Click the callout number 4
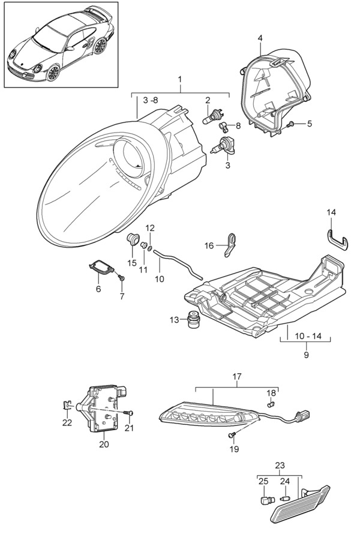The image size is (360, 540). coord(260,38)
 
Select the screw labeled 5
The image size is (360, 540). coord(290,124)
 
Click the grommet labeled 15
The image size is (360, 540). coord(133,238)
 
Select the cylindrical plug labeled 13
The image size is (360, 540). coord(194,320)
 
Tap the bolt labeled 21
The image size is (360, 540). coord(129,413)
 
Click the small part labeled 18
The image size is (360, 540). coord(271,403)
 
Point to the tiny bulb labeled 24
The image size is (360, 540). coord(285,497)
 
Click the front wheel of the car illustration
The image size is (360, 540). coord(53,73)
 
